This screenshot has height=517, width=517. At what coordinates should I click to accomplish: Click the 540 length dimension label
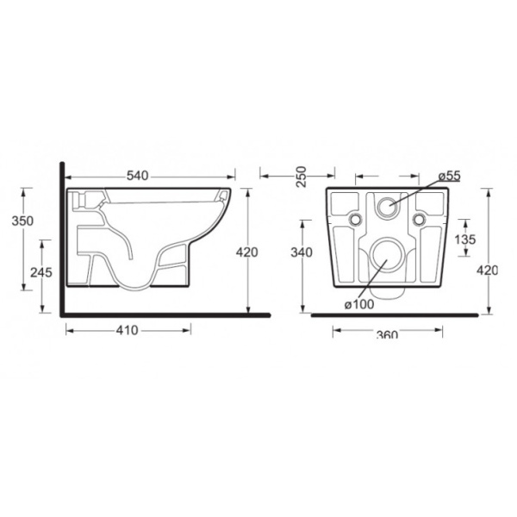click(138, 176)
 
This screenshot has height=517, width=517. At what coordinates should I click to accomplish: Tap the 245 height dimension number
click(40, 272)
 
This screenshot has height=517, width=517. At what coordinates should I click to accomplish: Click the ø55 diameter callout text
click(448, 176)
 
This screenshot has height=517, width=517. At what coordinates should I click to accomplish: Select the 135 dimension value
click(464, 239)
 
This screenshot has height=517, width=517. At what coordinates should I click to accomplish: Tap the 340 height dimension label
click(302, 252)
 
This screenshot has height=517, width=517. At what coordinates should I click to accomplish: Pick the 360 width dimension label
click(387, 334)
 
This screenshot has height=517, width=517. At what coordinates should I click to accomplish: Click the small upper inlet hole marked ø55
click(388, 207)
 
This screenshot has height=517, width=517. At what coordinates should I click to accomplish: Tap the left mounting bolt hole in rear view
click(355, 221)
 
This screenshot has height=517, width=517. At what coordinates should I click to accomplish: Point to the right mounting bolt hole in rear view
click(420, 221)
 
